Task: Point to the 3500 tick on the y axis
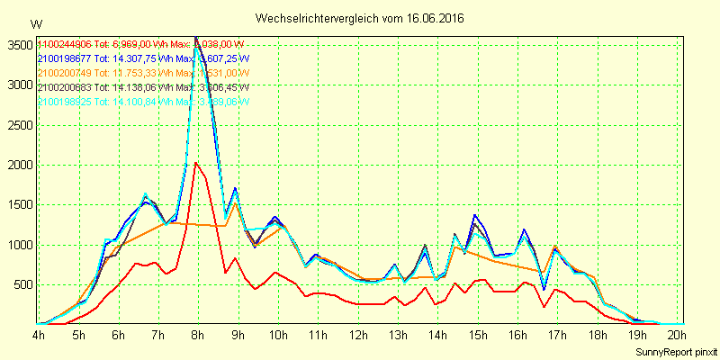18,46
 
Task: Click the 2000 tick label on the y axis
18,166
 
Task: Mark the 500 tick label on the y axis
22,285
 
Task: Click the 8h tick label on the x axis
198,336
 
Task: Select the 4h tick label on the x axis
39,336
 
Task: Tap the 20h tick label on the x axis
676,336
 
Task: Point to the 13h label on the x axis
397,336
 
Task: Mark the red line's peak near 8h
195,163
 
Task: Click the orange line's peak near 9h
235,202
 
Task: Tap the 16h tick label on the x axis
517,336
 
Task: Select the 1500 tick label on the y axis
18,205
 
